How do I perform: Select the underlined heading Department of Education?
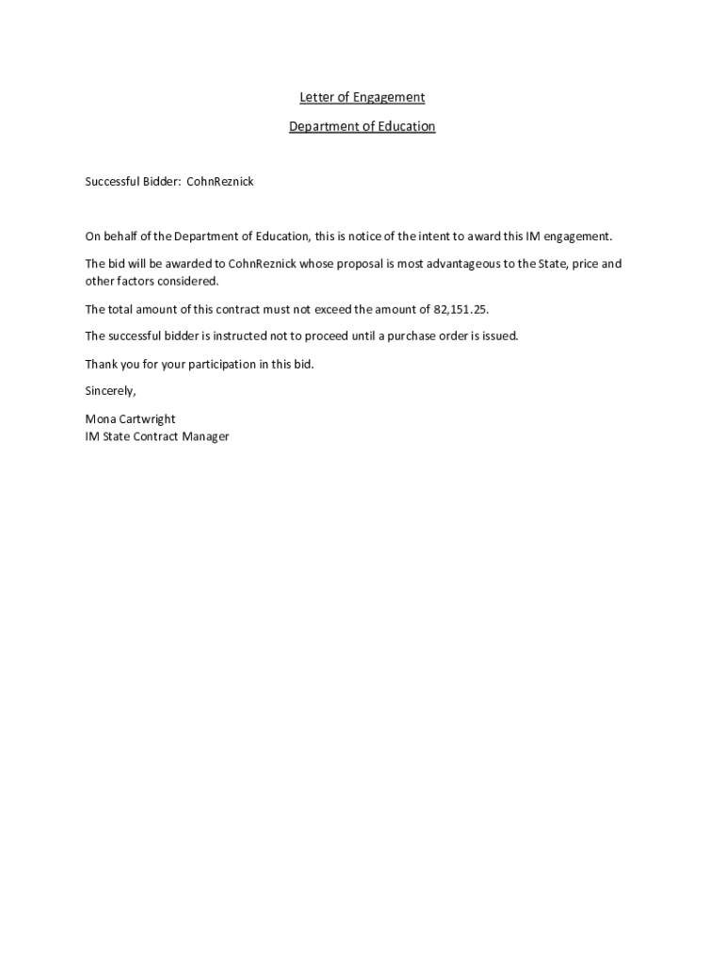[x=362, y=126]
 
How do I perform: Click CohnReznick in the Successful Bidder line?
[x=220, y=181]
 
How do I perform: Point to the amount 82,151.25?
[x=460, y=309]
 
